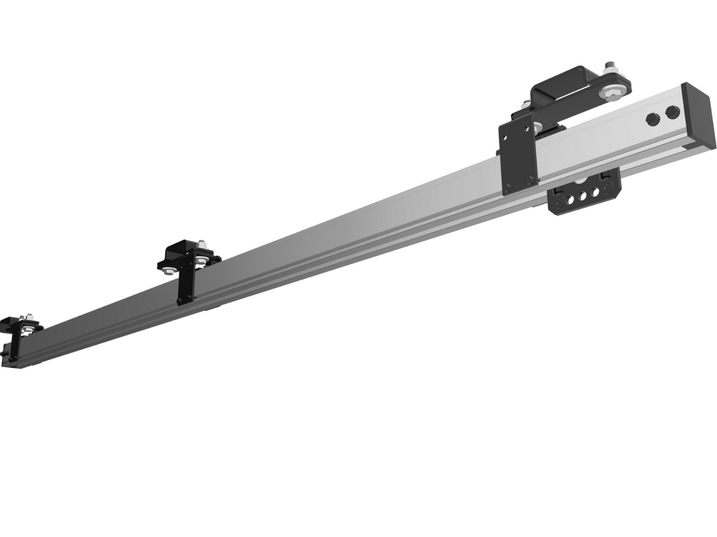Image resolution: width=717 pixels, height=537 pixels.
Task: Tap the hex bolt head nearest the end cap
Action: pyautogui.click(x=673, y=113)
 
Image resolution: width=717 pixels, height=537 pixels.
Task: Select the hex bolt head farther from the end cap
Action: pyautogui.click(x=653, y=119)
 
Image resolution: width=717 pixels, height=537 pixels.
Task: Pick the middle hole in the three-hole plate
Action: pyautogui.click(x=584, y=196)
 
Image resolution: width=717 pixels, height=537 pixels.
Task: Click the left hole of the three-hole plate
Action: pyautogui.click(x=571, y=200)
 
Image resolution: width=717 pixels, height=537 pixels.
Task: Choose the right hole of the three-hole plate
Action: pyautogui.click(x=596, y=193)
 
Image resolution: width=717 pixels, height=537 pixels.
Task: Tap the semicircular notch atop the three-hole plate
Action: pyautogui.click(x=580, y=180)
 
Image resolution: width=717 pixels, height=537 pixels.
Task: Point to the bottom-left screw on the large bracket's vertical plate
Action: pyautogui.click(x=508, y=186)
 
